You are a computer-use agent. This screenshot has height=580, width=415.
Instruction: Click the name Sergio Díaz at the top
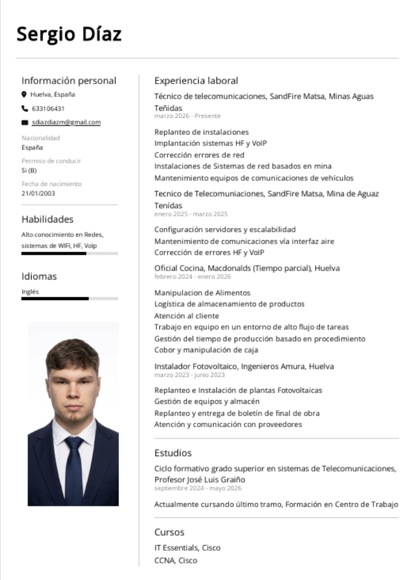69,34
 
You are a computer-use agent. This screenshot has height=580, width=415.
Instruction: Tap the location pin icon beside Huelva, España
24,95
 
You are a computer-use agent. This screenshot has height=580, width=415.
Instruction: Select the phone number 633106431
48,108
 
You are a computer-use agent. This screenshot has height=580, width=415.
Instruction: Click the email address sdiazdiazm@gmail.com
66,122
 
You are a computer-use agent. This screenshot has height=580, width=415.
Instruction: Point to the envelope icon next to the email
24,122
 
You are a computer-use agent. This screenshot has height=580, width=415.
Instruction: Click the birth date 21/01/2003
38,193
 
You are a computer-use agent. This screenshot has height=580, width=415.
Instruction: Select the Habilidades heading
48,219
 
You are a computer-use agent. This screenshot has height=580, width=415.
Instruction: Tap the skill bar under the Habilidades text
69,253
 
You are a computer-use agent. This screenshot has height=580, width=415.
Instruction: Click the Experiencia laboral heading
196,81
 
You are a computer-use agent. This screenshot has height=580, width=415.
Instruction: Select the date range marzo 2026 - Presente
187,116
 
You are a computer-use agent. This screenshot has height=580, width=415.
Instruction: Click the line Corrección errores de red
199,155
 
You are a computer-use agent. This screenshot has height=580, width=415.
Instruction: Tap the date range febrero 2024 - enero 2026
192,277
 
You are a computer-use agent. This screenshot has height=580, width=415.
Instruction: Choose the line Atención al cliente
186,315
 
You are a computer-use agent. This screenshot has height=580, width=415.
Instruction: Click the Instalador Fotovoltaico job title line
244,366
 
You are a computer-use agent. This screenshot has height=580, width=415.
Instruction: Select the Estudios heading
173,453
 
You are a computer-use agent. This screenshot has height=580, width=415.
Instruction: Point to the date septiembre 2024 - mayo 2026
198,488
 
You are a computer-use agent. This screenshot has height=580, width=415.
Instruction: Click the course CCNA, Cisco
175,560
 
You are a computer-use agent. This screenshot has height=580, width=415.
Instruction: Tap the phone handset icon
24,108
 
